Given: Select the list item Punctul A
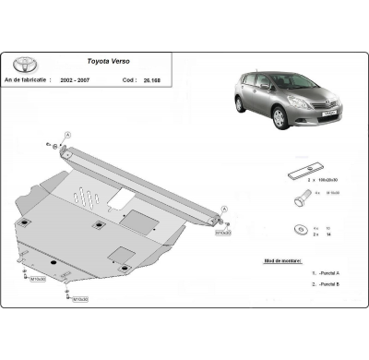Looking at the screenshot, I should (327, 274).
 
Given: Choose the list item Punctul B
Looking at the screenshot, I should (327, 285).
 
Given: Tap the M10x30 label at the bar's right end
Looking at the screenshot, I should (222, 234).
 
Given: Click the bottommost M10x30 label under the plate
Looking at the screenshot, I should (80, 299).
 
